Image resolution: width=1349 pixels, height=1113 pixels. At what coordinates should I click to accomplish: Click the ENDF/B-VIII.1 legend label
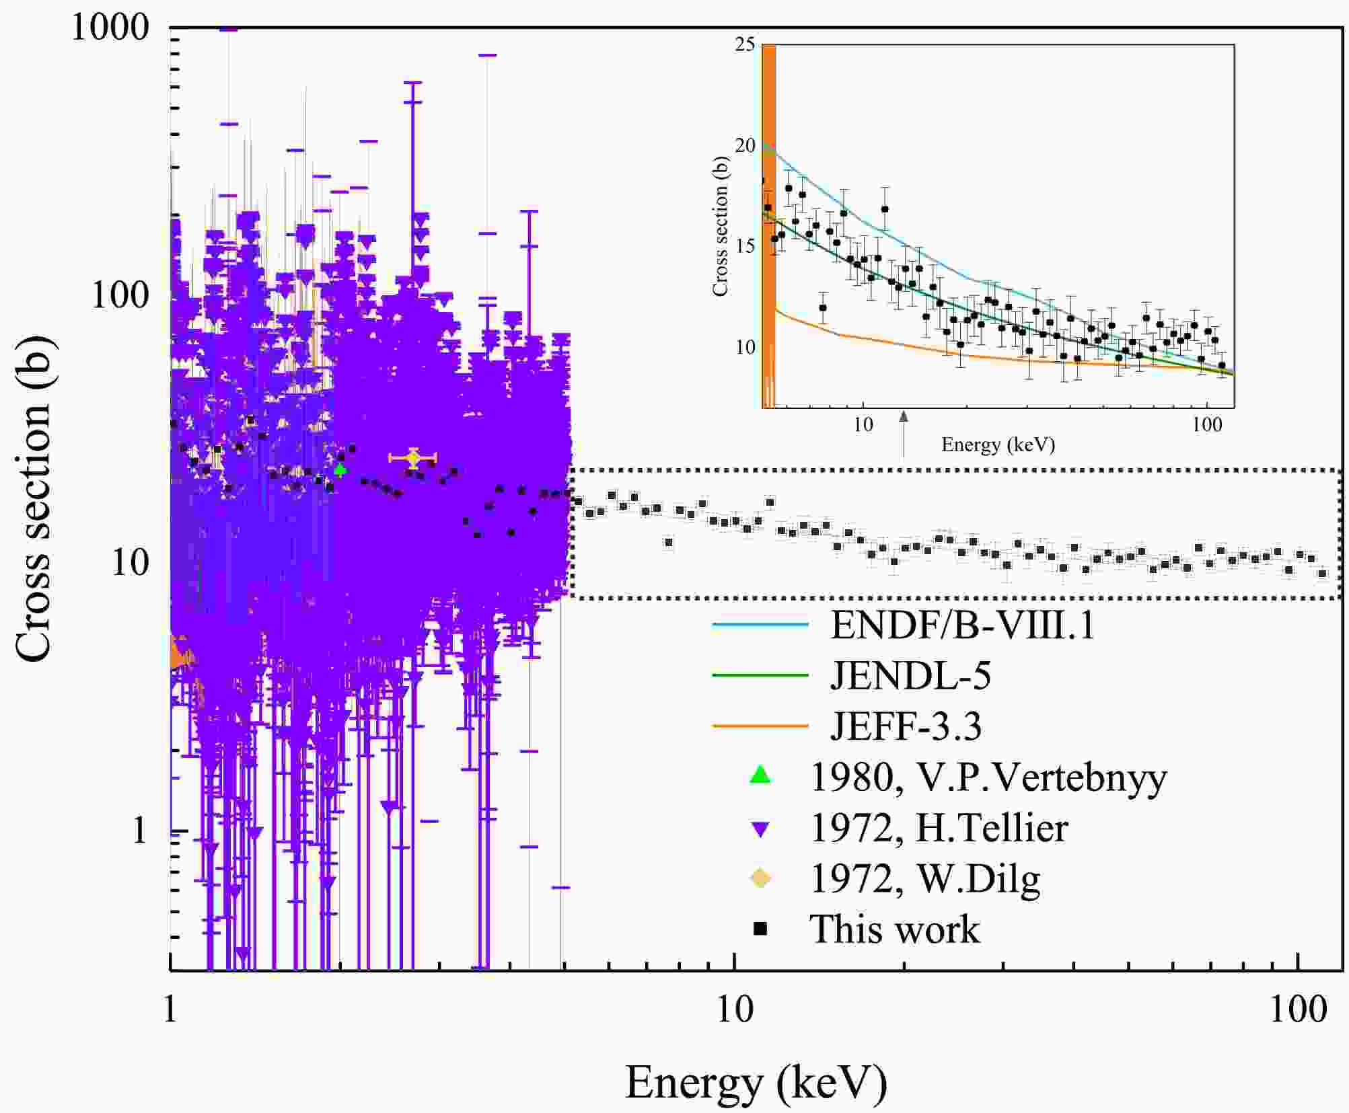pos(962,625)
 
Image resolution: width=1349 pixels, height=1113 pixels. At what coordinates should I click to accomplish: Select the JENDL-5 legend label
pos(910,676)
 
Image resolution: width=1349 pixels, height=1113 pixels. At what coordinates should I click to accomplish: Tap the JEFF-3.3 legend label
pos(906,726)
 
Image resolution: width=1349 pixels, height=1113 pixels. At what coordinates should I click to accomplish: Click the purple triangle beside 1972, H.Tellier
pos(760,829)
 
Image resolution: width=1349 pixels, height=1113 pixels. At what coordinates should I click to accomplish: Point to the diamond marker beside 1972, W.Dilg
pos(760,878)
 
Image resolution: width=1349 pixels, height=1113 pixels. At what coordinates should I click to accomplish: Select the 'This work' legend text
pos(894,929)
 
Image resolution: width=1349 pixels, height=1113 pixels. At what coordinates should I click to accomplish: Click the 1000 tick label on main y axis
pos(110,28)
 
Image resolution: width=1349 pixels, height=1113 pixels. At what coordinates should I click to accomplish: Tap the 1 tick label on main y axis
pos(139,831)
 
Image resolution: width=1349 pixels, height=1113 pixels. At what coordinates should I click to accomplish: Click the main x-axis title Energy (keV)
pos(756,1082)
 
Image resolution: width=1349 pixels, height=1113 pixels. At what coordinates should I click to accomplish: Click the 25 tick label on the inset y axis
pos(745,45)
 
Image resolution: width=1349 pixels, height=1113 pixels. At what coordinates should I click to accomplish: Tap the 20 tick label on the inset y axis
pos(745,146)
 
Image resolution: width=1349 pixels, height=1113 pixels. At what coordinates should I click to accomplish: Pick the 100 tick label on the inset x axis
pos(1207,425)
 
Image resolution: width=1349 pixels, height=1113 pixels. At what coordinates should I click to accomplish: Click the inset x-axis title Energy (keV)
pos(997,445)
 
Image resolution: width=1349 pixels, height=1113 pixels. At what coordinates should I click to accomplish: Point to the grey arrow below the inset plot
pos(904,434)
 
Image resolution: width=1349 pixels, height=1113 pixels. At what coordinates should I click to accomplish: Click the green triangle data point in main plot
pos(340,469)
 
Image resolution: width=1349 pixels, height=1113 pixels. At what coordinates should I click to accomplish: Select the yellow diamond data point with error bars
pos(413,458)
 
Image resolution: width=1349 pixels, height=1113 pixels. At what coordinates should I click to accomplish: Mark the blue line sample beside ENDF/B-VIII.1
pos(760,625)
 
